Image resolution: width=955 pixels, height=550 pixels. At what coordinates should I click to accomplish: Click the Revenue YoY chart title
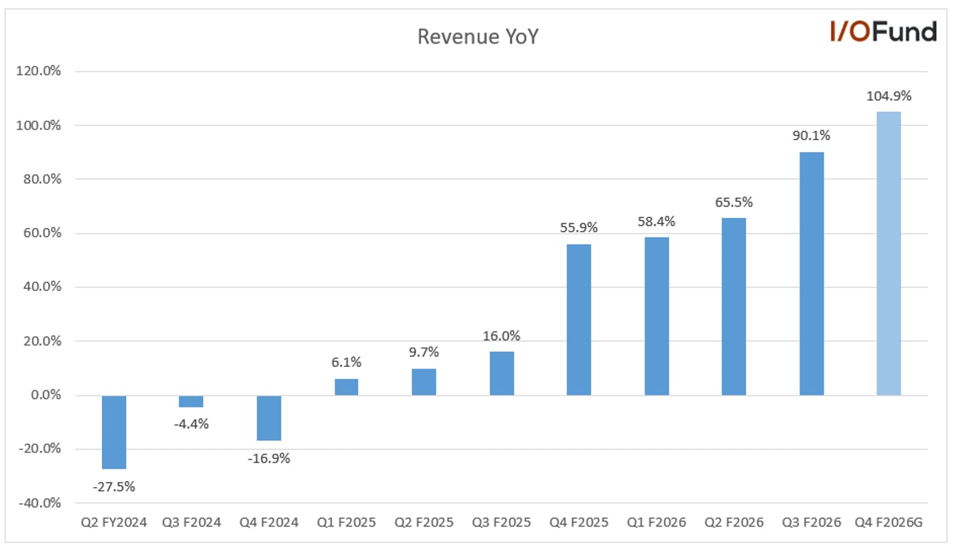click(478, 37)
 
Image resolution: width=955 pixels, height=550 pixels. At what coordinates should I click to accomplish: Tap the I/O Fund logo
click(883, 32)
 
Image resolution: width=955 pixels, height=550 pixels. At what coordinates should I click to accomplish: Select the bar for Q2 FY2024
click(114, 432)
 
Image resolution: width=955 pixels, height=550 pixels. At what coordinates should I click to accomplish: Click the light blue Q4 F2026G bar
click(889, 254)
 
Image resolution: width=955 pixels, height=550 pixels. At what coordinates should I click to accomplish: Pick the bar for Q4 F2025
click(579, 320)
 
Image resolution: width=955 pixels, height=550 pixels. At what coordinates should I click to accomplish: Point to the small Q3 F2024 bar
click(191, 401)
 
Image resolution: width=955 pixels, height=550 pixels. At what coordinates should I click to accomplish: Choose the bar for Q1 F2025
click(346, 387)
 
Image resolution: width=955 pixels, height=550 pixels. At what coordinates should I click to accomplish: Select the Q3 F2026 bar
click(811, 274)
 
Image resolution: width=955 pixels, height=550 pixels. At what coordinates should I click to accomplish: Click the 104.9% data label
click(889, 96)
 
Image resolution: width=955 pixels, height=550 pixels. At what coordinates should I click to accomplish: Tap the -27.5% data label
click(114, 486)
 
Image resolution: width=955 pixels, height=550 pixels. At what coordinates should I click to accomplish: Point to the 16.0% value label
click(502, 336)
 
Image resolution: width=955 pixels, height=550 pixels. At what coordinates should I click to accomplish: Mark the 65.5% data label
click(734, 202)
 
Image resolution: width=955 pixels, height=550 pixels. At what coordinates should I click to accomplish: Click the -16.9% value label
click(268, 458)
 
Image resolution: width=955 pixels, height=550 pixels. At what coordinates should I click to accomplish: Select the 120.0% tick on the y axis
click(38, 71)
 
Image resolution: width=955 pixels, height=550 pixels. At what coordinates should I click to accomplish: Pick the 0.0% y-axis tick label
click(46, 395)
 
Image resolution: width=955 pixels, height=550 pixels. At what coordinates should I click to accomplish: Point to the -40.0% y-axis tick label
click(40, 503)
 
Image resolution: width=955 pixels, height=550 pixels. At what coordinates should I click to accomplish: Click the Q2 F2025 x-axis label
click(424, 522)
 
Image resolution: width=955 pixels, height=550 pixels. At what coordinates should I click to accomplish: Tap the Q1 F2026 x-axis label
click(656, 522)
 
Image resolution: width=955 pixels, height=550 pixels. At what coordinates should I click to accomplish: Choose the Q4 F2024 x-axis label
click(268, 522)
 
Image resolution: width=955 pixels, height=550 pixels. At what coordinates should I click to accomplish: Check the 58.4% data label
click(656, 222)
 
